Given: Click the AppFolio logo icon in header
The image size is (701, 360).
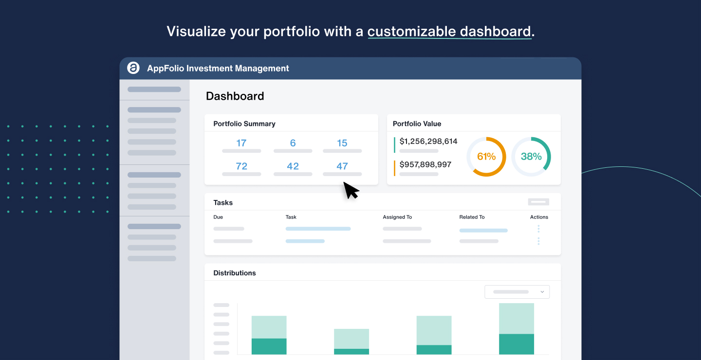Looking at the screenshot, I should pyautogui.click(x=133, y=68).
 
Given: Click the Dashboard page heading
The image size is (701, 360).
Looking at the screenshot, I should pyautogui.click(x=235, y=96).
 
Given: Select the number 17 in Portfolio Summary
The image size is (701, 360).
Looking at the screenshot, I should pyautogui.click(x=241, y=143).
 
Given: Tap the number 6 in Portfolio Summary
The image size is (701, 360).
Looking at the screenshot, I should pyautogui.click(x=293, y=143).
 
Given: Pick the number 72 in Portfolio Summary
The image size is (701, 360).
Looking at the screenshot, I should pyautogui.click(x=241, y=166).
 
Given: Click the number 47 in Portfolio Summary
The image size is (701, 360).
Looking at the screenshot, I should pyautogui.click(x=342, y=166).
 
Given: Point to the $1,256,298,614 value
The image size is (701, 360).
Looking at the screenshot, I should pyautogui.click(x=428, y=142).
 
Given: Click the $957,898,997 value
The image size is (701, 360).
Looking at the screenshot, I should pyautogui.click(x=425, y=164).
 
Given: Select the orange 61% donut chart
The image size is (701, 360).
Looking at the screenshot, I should pyautogui.click(x=486, y=157).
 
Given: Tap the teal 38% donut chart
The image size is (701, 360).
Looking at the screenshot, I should pyautogui.click(x=531, y=157).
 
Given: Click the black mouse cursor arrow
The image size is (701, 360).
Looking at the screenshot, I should pyautogui.click(x=350, y=190).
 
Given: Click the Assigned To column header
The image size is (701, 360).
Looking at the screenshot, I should pyautogui.click(x=397, y=217).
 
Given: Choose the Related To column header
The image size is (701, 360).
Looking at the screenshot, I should pyautogui.click(x=472, y=217).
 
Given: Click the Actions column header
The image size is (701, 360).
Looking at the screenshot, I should pyautogui.click(x=539, y=217).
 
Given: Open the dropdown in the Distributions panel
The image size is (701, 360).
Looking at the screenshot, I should pyautogui.click(x=517, y=292).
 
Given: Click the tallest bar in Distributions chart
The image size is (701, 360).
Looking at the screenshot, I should pyautogui.click(x=517, y=328).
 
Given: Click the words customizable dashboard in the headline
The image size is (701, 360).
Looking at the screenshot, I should pyautogui.click(x=449, y=32).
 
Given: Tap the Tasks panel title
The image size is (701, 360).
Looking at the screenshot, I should pyautogui.click(x=223, y=202).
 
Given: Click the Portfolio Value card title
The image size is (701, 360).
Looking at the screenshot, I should pyautogui.click(x=417, y=124).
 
